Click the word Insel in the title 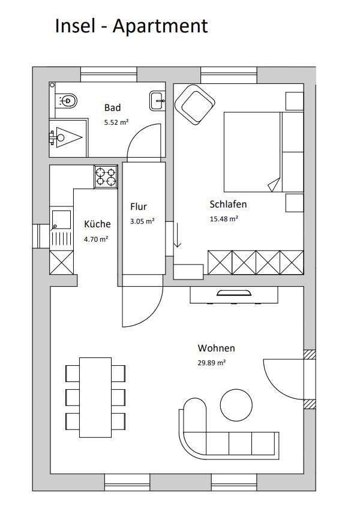click(75, 26)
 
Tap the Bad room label click(112, 108)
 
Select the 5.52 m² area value click(116, 122)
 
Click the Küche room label click(97, 224)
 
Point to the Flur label click(139, 207)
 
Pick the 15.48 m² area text click(224, 219)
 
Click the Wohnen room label click(217, 348)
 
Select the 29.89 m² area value click(212, 363)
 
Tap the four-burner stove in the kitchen click(106, 177)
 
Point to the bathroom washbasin click(157, 100)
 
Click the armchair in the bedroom click(195, 104)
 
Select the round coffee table click(236, 405)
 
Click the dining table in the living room click(95, 398)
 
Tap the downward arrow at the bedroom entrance click(178, 236)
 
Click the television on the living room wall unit click(233, 293)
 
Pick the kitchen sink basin click(61, 220)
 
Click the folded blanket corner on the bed click(274, 185)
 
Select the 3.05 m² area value click(142, 221)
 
